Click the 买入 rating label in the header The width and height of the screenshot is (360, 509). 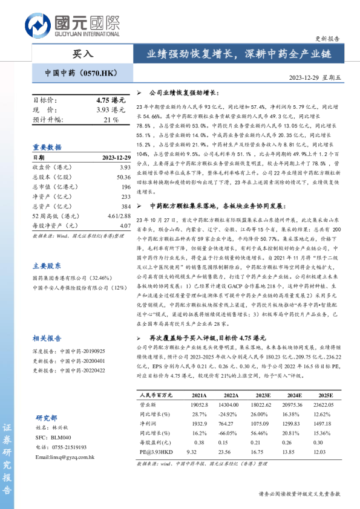tap(83, 54)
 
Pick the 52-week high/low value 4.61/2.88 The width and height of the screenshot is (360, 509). tap(119, 216)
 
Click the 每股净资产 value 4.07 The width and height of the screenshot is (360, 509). tap(125, 225)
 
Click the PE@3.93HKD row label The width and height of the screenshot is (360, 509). tap(157, 469)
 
